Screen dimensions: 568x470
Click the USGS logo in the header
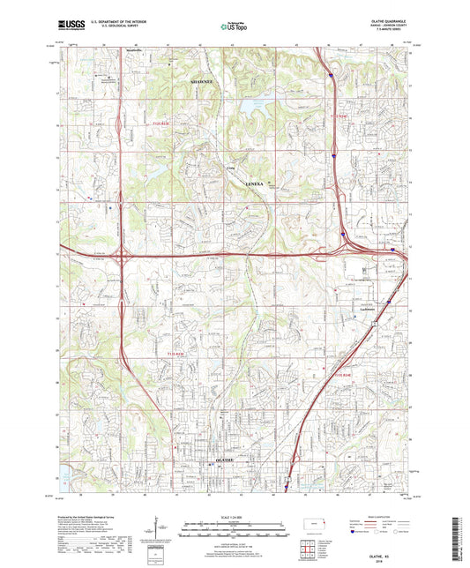point(73,26)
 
